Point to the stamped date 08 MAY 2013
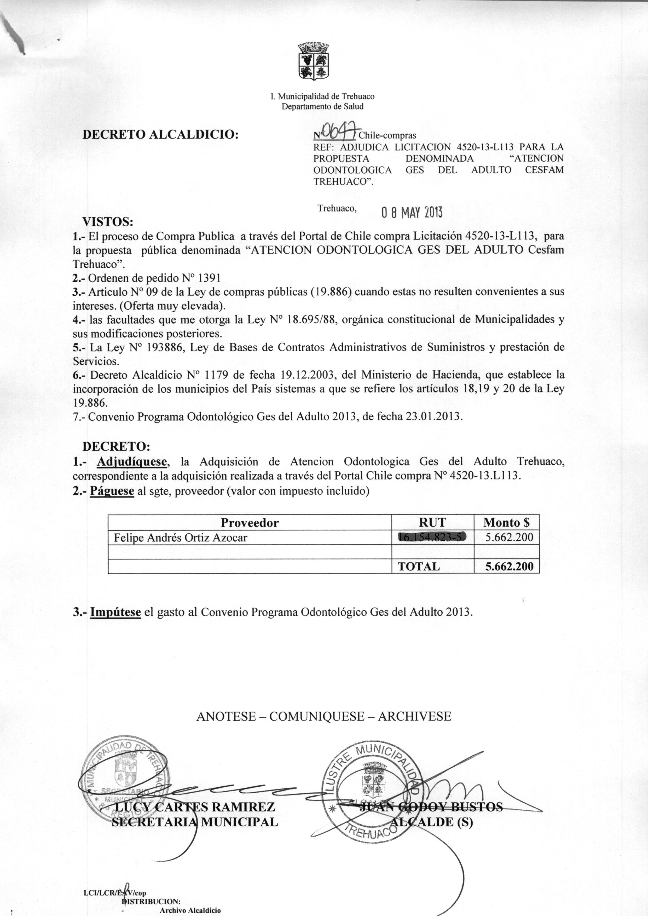[412, 213]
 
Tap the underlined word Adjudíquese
[132, 462]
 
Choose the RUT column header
[432, 523]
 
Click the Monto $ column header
[506, 523]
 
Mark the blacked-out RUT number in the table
[432, 538]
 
